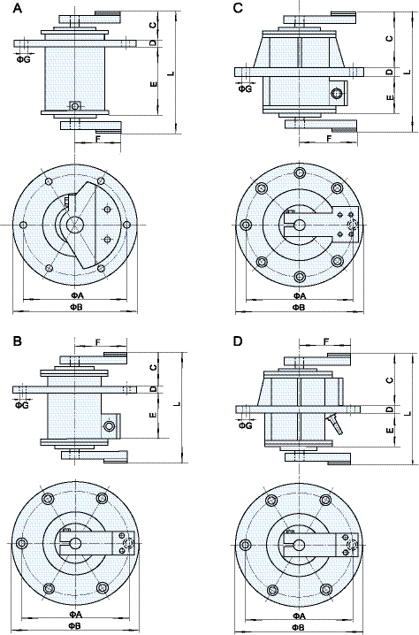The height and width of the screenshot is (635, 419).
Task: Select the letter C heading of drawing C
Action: [236, 8]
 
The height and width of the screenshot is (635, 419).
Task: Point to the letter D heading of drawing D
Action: [236, 340]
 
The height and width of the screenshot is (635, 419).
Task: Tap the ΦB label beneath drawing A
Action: [77, 307]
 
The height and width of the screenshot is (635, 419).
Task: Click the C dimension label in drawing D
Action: [389, 379]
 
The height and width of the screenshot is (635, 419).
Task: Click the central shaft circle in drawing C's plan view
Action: [301, 225]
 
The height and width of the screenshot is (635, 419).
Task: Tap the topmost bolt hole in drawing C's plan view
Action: [301, 172]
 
